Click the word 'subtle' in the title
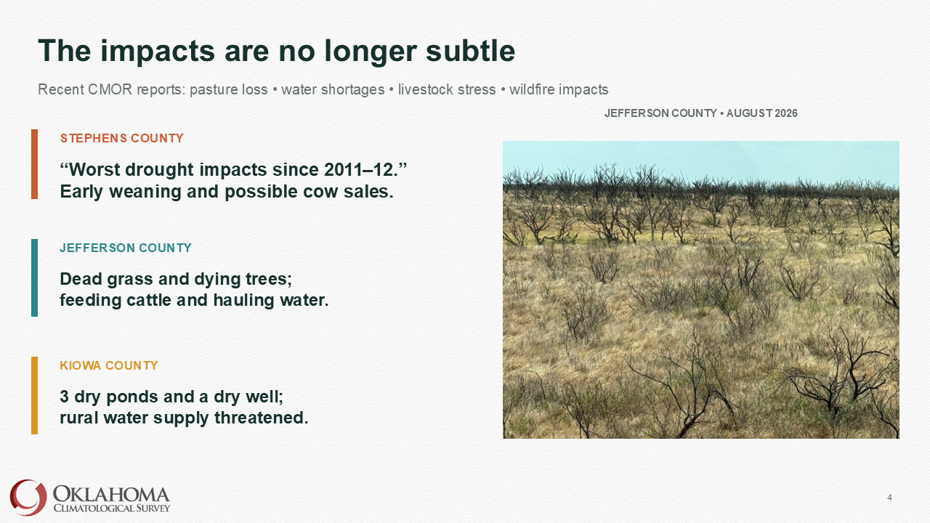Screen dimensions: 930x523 (470, 51)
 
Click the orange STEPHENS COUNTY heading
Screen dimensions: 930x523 (121, 138)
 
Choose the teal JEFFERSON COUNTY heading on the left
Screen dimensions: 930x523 (126, 248)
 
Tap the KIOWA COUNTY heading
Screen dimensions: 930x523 (109, 365)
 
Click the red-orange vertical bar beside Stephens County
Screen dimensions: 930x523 (34, 164)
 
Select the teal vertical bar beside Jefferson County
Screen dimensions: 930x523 (34, 277)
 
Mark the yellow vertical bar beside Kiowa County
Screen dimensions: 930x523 (34, 396)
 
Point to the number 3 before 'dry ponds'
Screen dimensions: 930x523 (65, 397)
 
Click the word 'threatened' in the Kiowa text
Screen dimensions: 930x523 (261, 418)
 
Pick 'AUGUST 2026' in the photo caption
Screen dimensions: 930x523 (762, 113)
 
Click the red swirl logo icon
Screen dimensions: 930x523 (28, 498)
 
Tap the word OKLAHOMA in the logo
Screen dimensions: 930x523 (112, 495)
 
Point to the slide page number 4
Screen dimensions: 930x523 (889, 498)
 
